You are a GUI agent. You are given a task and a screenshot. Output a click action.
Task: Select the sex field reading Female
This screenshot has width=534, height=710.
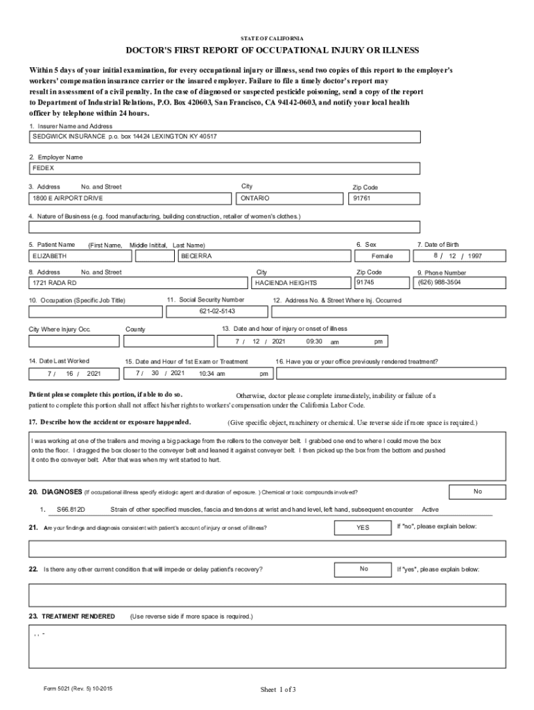click(x=382, y=256)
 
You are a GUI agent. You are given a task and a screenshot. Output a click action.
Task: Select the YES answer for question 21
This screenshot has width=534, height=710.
click(x=363, y=528)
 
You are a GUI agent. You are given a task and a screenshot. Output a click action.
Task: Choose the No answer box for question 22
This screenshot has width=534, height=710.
click(x=364, y=569)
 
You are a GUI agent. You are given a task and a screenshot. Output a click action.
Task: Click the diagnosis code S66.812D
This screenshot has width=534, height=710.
click(x=71, y=510)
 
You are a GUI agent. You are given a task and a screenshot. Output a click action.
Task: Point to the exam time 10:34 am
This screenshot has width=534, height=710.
click(x=212, y=374)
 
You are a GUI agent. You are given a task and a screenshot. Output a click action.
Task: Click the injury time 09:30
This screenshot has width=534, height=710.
click(x=314, y=342)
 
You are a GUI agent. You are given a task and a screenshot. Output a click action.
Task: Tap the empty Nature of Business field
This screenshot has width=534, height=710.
click(x=224, y=227)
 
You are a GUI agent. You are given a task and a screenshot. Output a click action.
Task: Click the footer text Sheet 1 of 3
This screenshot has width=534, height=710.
click(x=278, y=689)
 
